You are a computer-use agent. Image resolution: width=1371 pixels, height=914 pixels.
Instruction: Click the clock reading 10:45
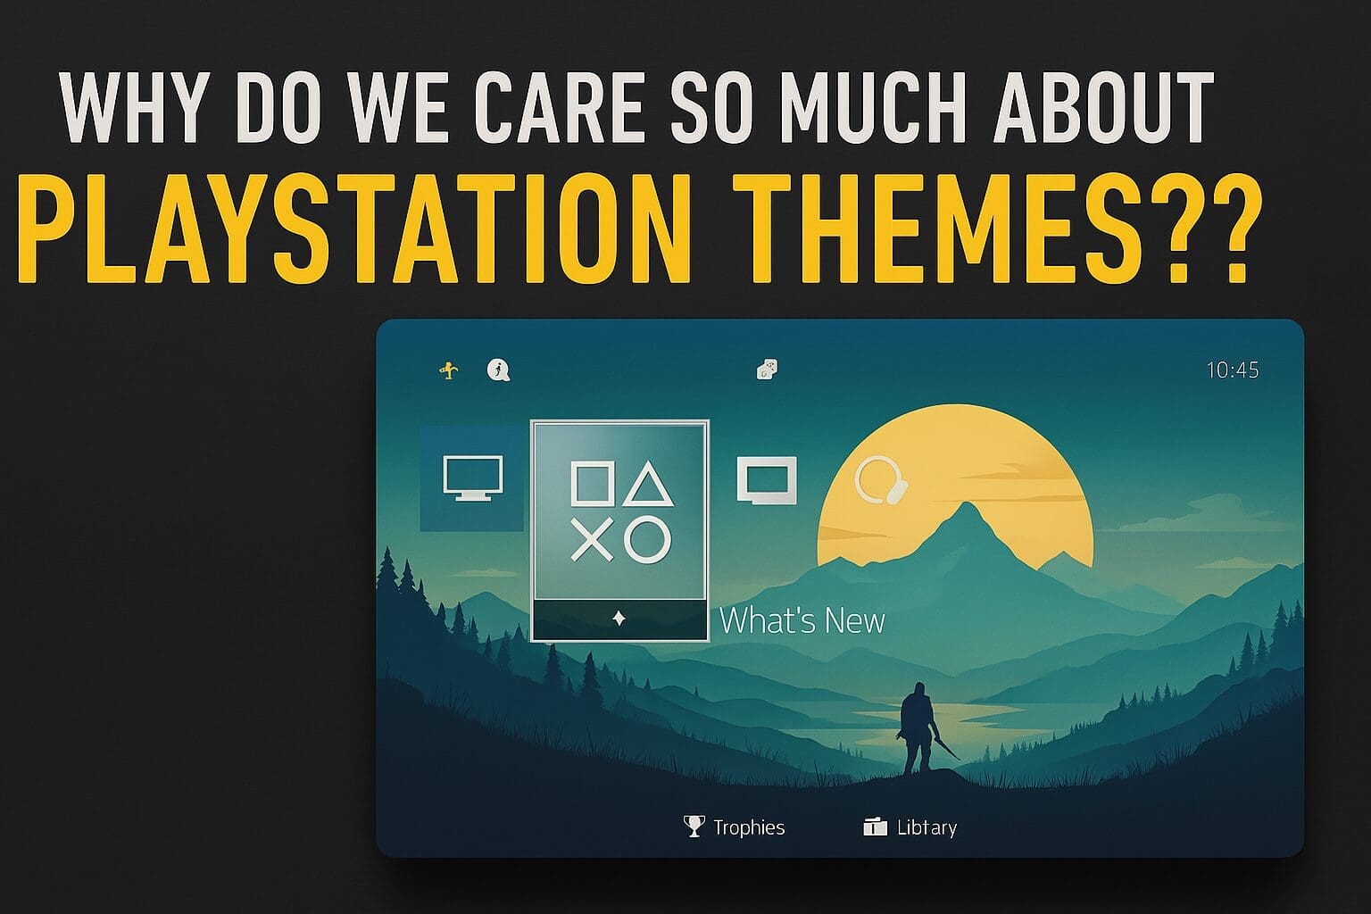pos(1232,370)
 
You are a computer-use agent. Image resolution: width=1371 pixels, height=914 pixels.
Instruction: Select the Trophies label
pos(749,827)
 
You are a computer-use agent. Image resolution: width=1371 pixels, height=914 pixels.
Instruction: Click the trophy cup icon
pos(694,826)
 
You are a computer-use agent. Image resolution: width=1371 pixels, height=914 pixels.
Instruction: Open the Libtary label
pos(926,827)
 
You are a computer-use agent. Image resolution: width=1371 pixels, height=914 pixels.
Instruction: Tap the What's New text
pos(802,621)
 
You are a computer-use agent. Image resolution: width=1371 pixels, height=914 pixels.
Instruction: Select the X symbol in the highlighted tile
pos(591,540)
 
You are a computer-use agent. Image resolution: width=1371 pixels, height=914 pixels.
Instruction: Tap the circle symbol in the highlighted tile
pos(648,540)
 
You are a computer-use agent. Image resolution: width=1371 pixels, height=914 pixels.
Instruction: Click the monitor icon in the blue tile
pos(472,478)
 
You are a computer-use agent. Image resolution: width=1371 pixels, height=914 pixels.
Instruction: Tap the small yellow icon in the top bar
pos(450,370)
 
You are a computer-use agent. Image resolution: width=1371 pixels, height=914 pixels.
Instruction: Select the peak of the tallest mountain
pos(964,505)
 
